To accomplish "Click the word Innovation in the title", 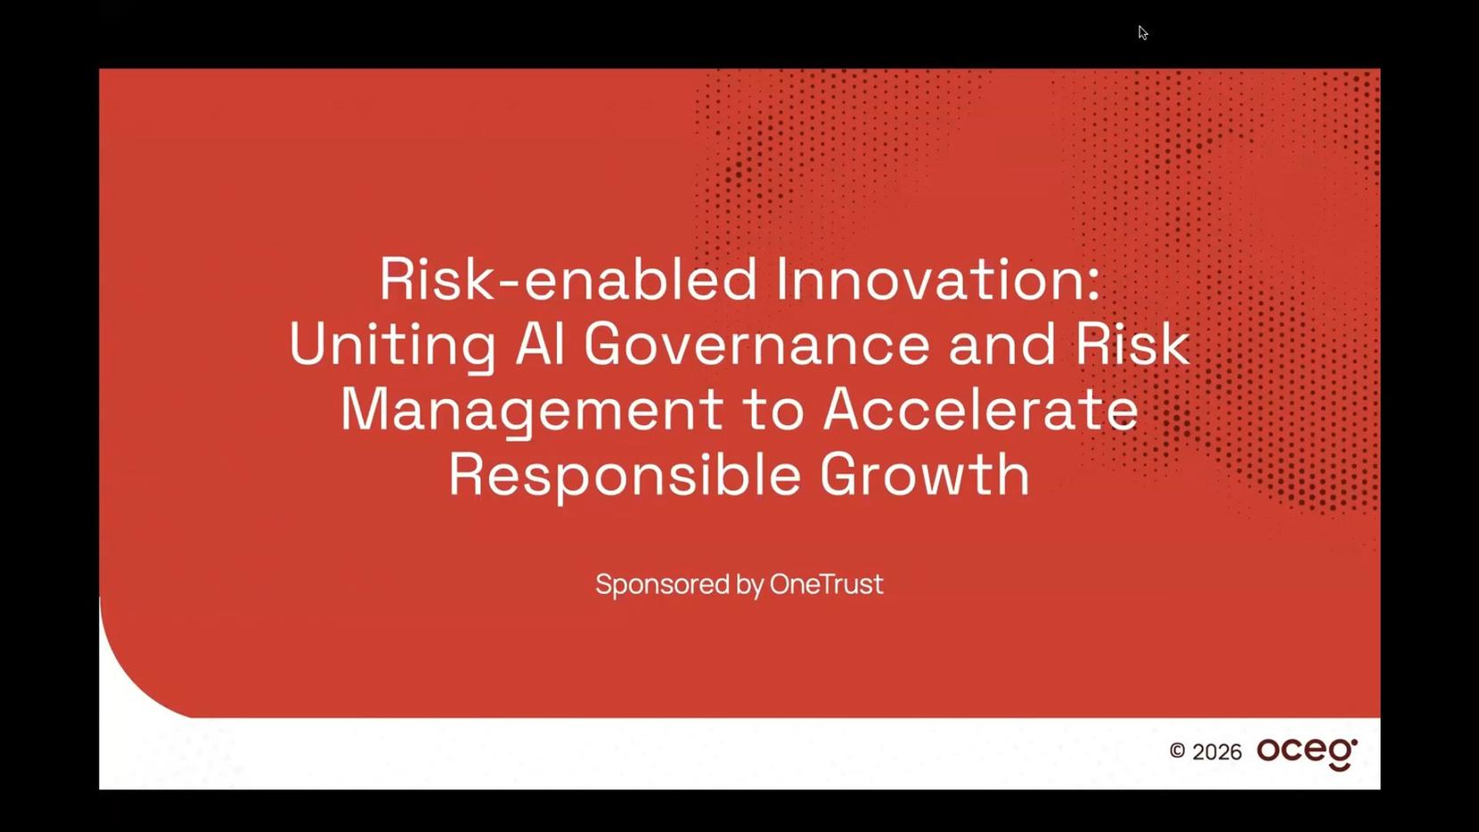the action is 937,279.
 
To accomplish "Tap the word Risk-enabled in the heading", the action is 568,279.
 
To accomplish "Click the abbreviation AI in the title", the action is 540,343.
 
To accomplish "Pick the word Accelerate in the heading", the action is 981,409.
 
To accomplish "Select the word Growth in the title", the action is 925,473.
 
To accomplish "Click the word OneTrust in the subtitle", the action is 826,583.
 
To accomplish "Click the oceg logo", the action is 1307,754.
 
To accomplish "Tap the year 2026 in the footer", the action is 1217,752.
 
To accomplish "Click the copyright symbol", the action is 1177,751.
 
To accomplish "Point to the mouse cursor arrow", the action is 1143,33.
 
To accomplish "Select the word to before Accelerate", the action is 773,411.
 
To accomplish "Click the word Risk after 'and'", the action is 1132,343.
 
